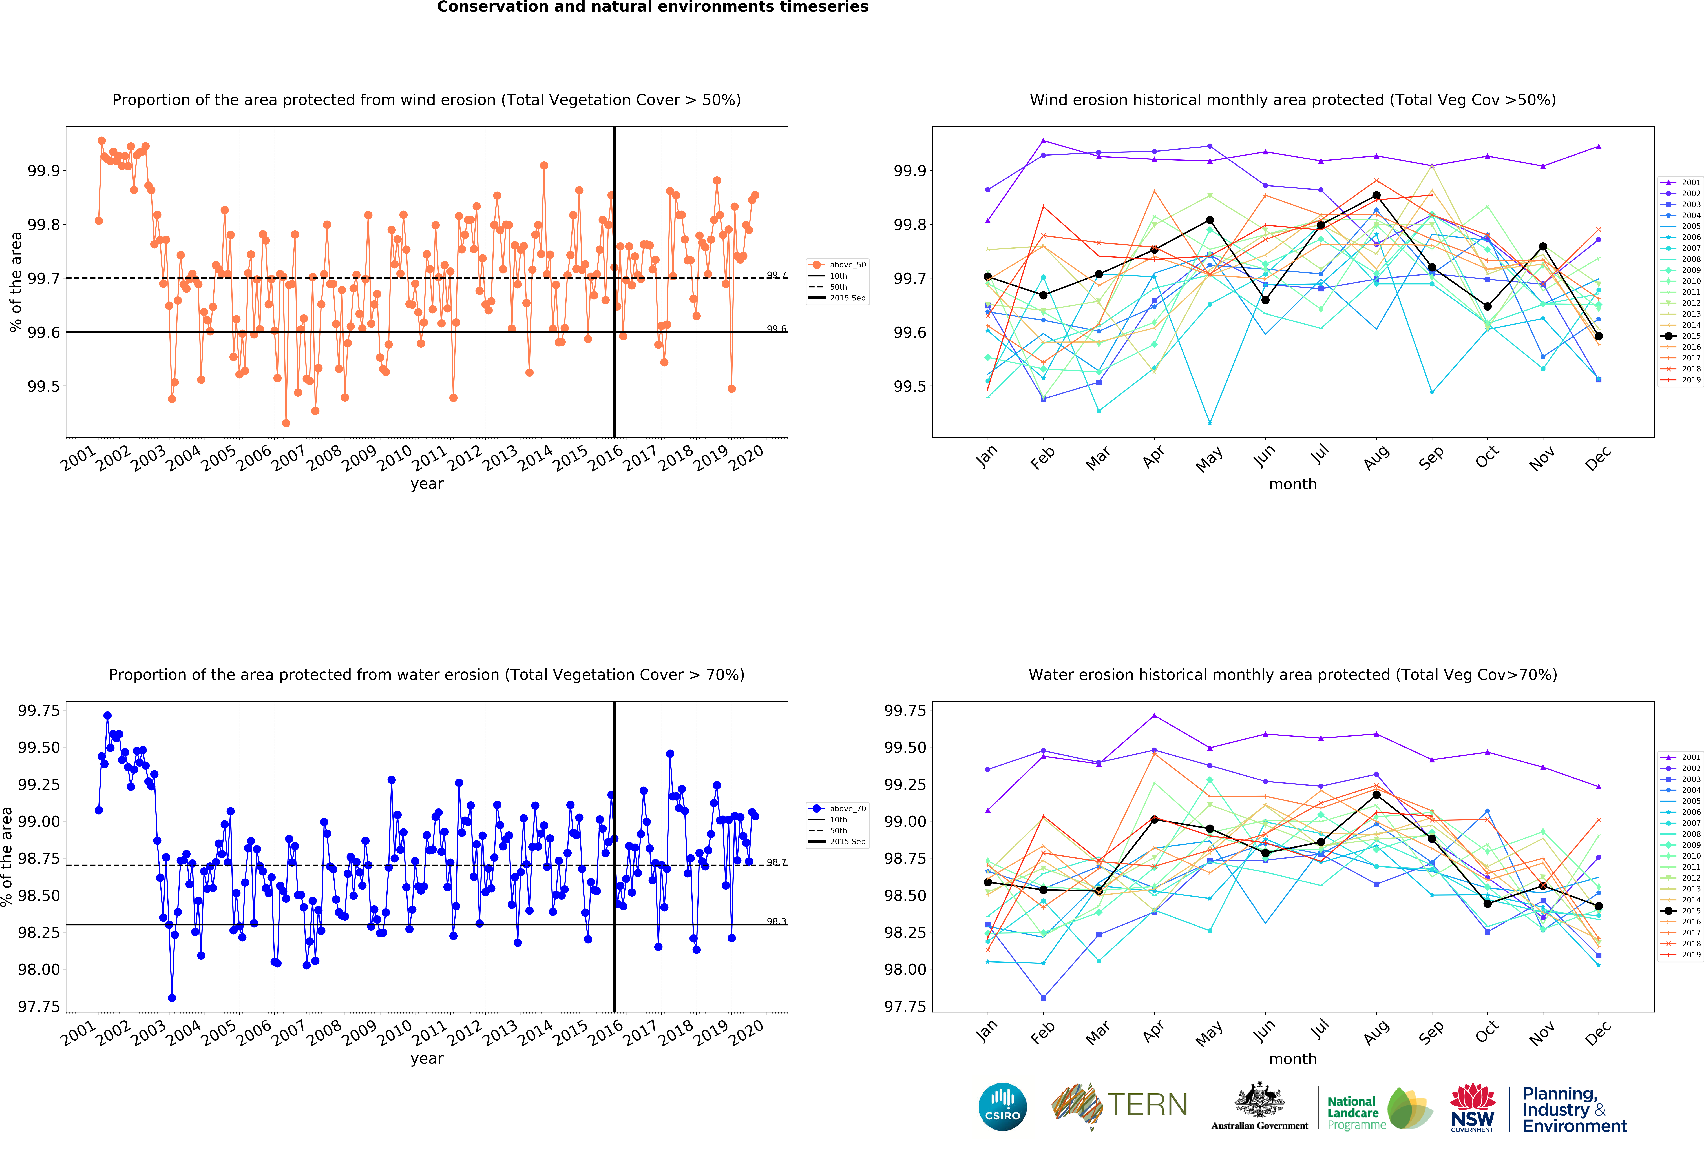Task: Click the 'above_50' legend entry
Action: [x=847, y=265]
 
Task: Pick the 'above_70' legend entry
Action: [x=847, y=809]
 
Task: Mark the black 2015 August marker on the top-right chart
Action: [x=1376, y=196]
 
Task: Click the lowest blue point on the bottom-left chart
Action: [x=172, y=998]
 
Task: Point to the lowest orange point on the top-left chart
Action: [x=286, y=423]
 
